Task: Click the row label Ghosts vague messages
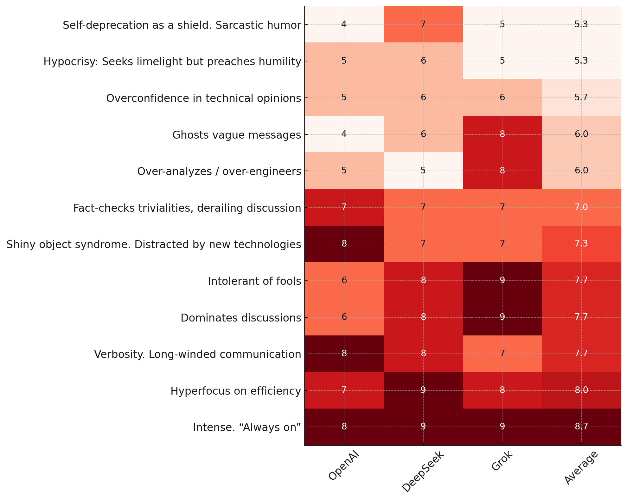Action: click(x=237, y=135)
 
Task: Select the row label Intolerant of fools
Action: click(x=254, y=281)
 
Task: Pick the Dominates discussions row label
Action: click(x=241, y=318)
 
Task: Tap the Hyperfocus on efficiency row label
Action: click(x=236, y=391)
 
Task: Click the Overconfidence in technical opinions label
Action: click(x=203, y=98)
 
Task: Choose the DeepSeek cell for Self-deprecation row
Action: click(x=423, y=24)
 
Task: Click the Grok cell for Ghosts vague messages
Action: click(x=502, y=134)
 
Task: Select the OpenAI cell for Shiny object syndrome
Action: click(x=344, y=244)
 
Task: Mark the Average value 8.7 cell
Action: click(x=581, y=427)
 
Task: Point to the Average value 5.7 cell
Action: click(x=581, y=97)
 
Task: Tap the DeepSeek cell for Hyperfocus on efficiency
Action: click(x=423, y=390)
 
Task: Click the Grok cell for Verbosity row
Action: click(x=502, y=353)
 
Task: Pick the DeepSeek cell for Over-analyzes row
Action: click(x=423, y=171)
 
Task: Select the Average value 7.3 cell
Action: click(x=581, y=244)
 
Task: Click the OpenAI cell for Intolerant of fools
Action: click(x=344, y=280)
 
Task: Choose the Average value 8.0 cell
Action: click(x=581, y=390)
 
